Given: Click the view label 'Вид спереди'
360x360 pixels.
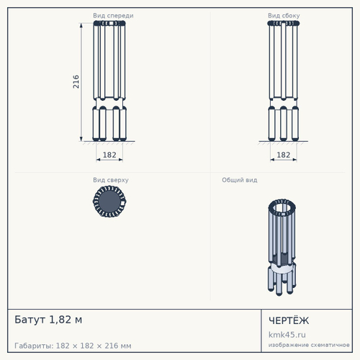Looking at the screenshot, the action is coord(113,16).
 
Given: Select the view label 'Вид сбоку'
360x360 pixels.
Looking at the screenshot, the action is coord(284,16).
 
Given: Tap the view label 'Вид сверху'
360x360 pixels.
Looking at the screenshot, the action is coord(111,180).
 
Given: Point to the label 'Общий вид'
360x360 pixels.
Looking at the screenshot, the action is coord(240,180).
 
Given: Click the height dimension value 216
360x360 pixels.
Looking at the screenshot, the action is coord(76,81).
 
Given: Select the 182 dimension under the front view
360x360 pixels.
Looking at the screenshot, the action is coord(109,155).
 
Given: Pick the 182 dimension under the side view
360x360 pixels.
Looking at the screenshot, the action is coord(284,155).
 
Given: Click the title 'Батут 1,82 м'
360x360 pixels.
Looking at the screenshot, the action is coord(48,320).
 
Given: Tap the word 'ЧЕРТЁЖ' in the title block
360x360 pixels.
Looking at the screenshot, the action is coord(289,320).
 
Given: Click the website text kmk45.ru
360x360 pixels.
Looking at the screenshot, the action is coord(287,335).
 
